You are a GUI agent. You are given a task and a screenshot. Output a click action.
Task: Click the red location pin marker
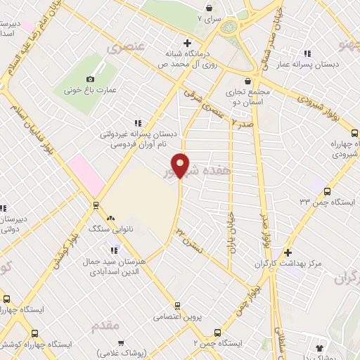coord(181,165)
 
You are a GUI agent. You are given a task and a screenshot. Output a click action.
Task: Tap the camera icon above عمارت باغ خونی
coord(90,79)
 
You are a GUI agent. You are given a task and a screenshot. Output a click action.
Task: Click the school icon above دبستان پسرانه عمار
coord(307,53)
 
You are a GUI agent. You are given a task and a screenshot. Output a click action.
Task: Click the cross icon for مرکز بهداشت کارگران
coord(288,253)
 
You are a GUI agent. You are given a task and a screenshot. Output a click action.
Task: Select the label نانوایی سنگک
coord(105,229)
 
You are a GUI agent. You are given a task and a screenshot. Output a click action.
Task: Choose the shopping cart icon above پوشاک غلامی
coord(122,344)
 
